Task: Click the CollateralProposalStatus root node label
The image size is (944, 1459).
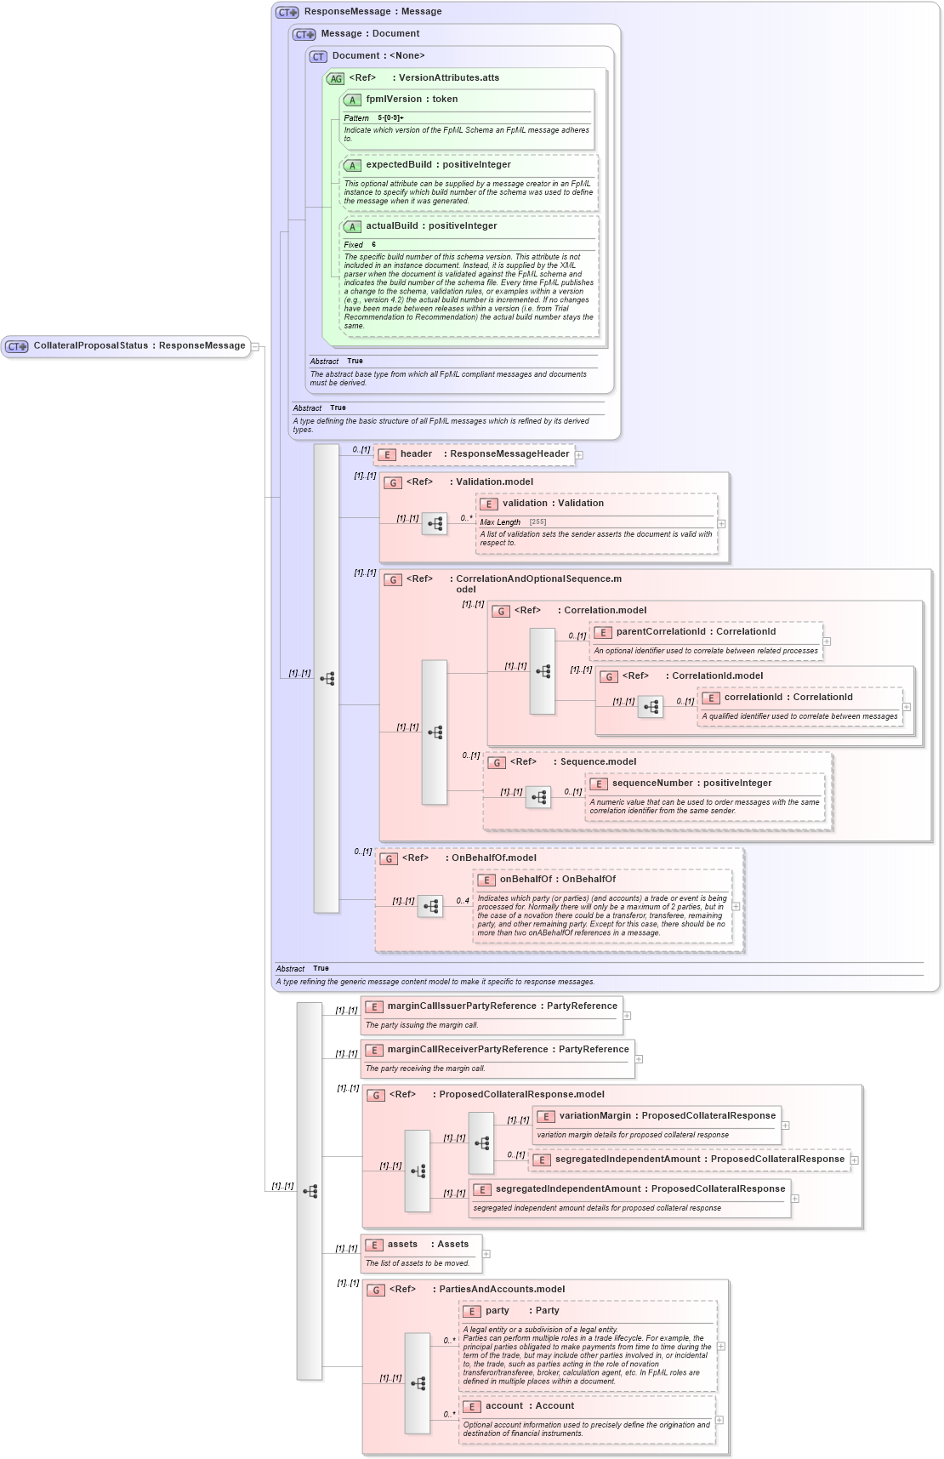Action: coord(139,346)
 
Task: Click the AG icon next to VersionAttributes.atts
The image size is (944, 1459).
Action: coord(336,78)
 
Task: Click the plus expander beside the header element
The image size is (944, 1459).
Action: coord(579,455)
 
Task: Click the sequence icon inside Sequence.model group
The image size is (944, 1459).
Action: coord(538,797)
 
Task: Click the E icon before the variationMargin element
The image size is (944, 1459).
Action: coord(546,1117)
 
